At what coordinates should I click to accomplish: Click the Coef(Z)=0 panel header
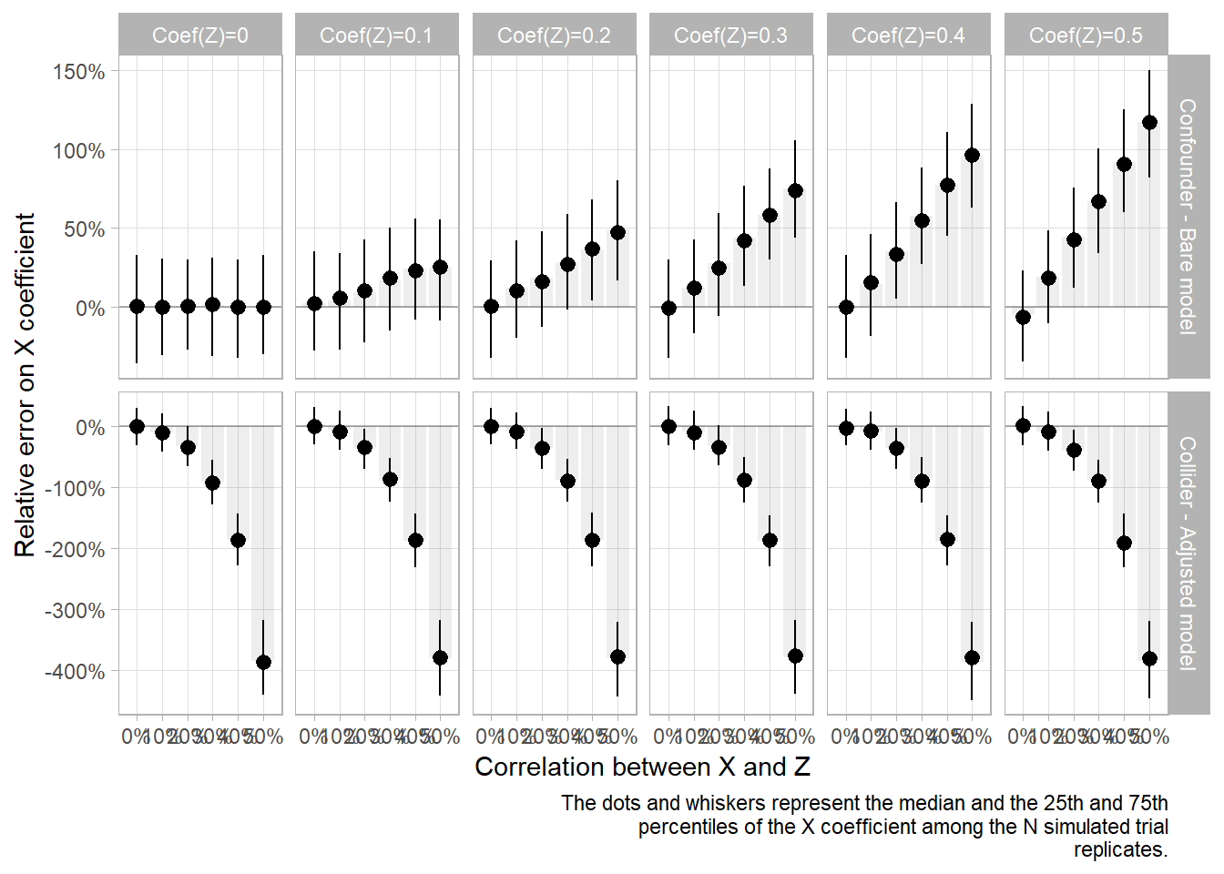[199, 36]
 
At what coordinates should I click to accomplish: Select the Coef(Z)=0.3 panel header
[730, 36]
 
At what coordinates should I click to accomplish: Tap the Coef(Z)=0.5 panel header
[1086, 36]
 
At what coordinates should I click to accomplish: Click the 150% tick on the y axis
[78, 72]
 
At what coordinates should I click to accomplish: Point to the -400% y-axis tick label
[75, 672]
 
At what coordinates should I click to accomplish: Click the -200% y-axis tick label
[75, 550]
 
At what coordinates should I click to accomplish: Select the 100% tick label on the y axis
[78, 151]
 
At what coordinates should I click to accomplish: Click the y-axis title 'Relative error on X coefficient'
[25, 384]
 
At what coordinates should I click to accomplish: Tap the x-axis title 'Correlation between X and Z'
[642, 767]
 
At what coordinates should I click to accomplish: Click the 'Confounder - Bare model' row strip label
[1188, 217]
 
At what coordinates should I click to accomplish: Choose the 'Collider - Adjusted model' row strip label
[1188, 554]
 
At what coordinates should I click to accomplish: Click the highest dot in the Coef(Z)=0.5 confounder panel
[1149, 122]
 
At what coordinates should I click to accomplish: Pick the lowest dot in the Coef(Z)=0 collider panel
[263, 662]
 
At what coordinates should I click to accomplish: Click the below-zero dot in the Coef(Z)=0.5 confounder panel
[1023, 317]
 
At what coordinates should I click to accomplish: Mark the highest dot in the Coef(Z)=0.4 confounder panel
[972, 156]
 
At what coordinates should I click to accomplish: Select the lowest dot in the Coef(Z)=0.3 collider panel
[795, 655]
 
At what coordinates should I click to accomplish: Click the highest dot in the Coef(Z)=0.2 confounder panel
[617, 232]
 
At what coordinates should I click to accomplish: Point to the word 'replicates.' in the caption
[1120, 850]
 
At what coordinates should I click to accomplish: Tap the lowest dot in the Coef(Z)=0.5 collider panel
[1149, 658]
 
